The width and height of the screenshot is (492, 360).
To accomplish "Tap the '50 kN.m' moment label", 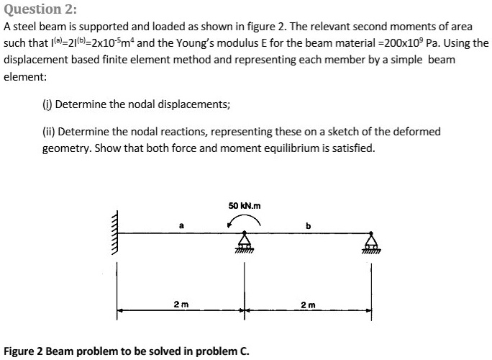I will [x=245, y=206].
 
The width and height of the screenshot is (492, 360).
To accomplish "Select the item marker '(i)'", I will [x=47, y=104].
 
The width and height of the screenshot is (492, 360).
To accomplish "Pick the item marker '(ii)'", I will [x=48, y=132].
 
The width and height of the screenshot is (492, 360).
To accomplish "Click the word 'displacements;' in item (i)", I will [x=196, y=104].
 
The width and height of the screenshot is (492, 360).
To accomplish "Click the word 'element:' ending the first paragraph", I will [x=25, y=76].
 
